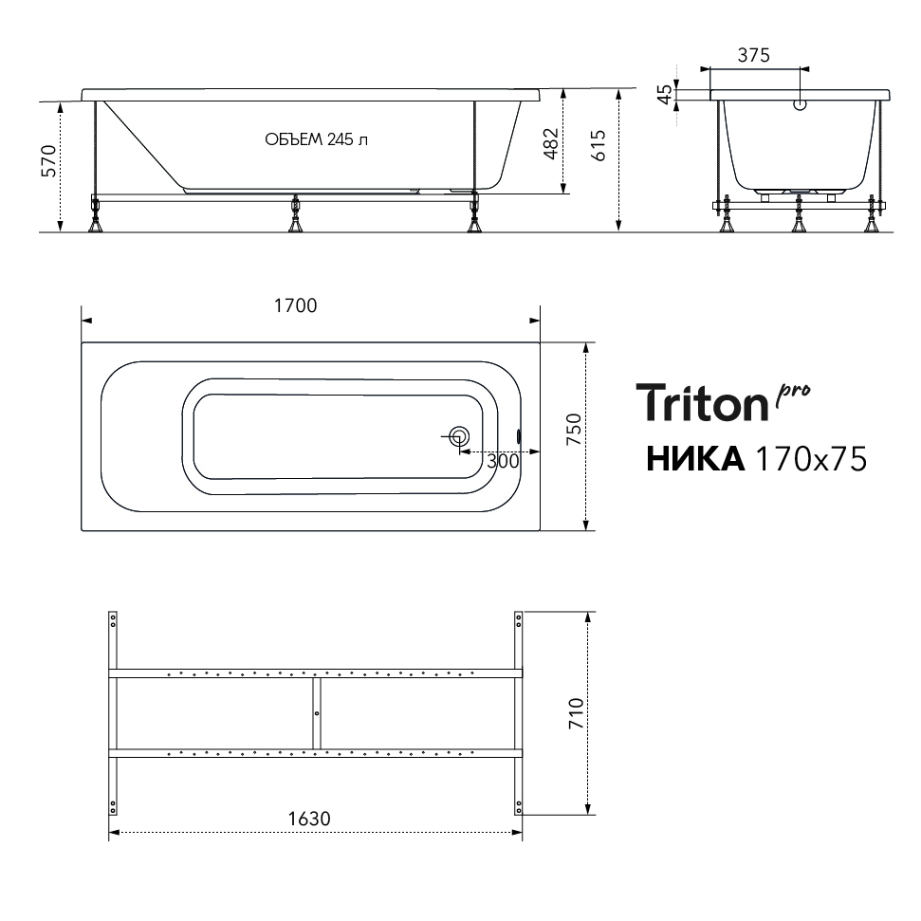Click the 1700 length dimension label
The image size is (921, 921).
[295, 305]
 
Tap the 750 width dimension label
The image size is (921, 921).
[574, 429]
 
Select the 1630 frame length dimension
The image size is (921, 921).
[309, 819]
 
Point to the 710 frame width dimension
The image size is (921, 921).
[576, 713]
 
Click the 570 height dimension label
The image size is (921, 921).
[48, 161]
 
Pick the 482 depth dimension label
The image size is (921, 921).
[551, 143]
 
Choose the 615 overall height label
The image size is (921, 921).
[598, 146]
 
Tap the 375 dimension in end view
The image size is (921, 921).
[754, 55]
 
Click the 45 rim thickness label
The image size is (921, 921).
[665, 94]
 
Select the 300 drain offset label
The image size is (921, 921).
[503, 461]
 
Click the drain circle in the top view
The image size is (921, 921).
[459, 436]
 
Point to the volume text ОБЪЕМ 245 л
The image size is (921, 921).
[316, 139]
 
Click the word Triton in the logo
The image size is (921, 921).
[703, 402]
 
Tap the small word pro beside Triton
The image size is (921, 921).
[793, 395]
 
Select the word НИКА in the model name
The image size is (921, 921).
[695, 459]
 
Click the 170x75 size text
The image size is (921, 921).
[811, 459]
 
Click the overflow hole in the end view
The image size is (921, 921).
[800, 105]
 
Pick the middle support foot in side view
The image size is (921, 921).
[295, 215]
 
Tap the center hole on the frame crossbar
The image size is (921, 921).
[317, 713]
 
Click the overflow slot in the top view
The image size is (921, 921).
[519, 436]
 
